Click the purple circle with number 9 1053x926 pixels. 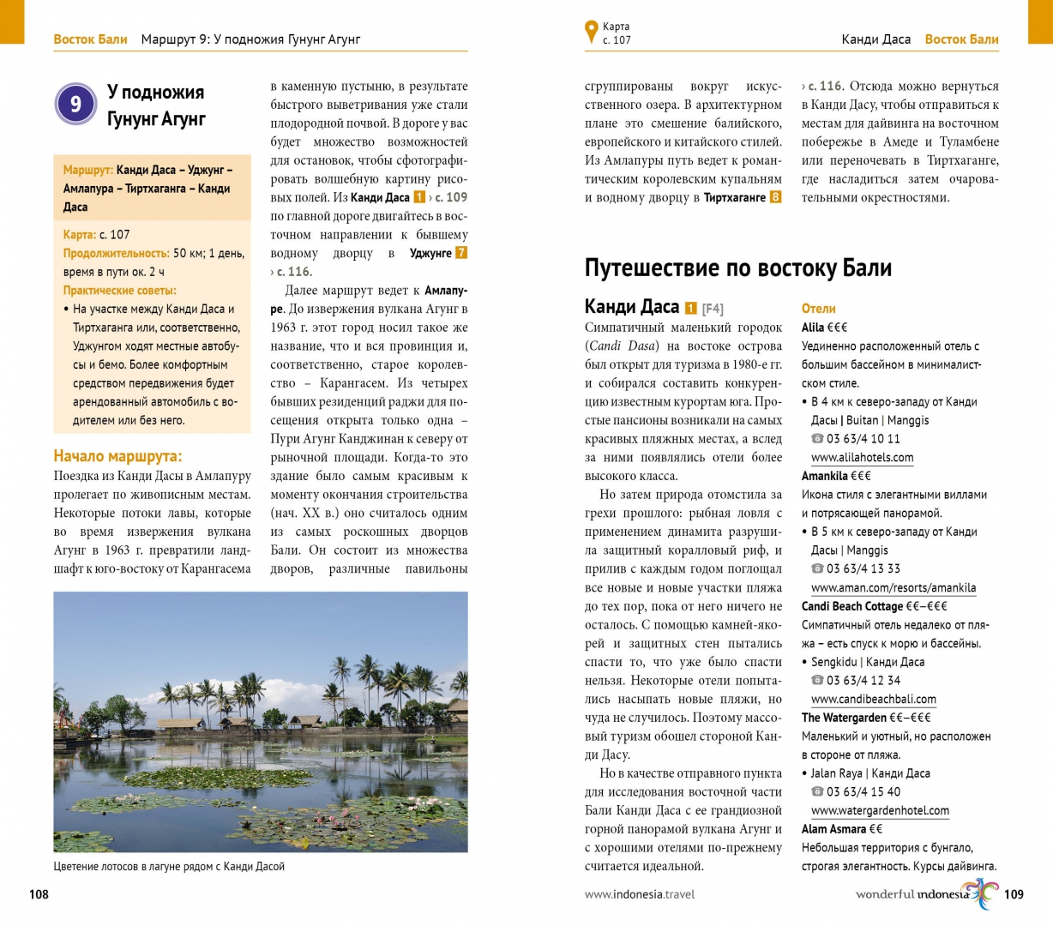click(75, 105)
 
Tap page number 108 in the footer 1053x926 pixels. click(39, 894)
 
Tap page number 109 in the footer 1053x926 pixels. click(1014, 894)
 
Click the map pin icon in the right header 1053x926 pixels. click(591, 32)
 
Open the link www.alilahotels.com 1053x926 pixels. click(862, 458)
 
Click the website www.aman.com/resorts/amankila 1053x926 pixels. click(893, 588)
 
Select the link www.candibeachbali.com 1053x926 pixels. click(873, 700)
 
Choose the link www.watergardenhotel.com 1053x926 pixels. click(880, 811)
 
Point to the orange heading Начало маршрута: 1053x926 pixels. click(117, 456)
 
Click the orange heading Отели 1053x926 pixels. click(818, 309)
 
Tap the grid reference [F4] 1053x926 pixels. click(713, 309)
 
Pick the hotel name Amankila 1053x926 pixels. click(825, 476)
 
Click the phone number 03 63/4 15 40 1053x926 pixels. click(863, 792)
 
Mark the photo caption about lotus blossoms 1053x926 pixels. click(169, 867)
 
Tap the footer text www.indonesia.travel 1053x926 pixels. click(640, 894)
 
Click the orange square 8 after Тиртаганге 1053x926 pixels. click(775, 197)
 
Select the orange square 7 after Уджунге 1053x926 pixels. click(461, 253)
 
